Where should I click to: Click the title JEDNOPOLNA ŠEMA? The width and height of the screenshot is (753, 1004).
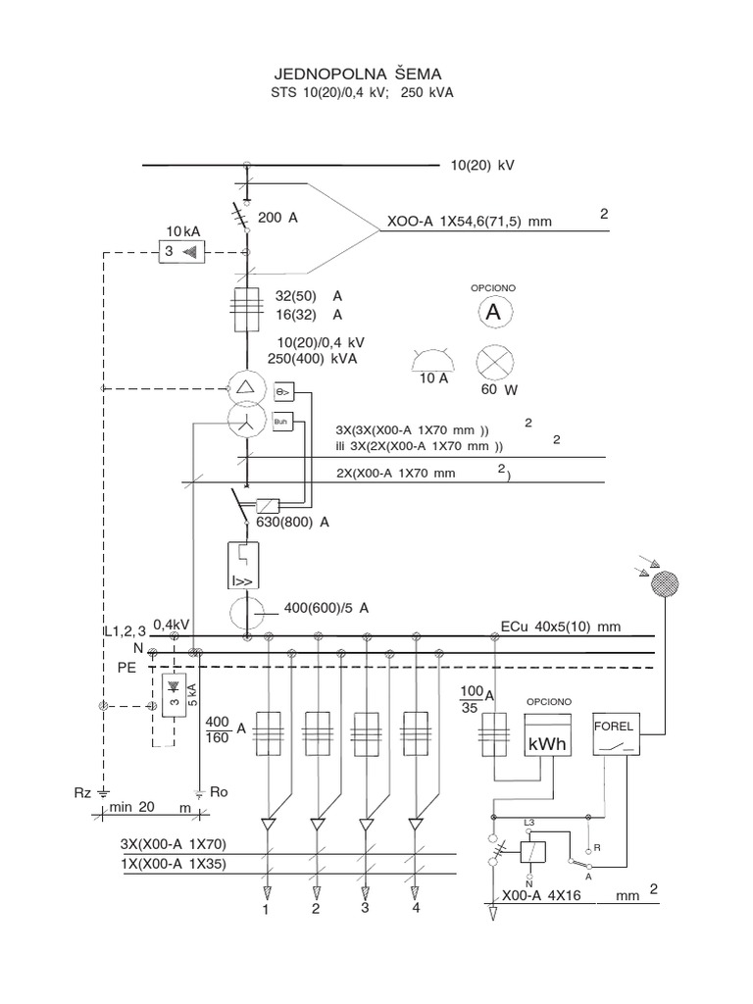click(x=358, y=75)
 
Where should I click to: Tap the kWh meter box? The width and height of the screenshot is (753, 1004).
click(x=547, y=735)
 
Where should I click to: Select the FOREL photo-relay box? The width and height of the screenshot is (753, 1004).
click(x=616, y=733)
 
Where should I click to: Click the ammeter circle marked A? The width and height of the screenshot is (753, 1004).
click(x=494, y=313)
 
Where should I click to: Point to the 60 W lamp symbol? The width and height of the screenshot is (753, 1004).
click(x=495, y=363)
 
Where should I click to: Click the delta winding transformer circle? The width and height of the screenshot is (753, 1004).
click(x=246, y=387)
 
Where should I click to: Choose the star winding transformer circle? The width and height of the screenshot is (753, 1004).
click(x=246, y=420)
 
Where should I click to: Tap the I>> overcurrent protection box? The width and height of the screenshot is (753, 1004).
click(x=244, y=566)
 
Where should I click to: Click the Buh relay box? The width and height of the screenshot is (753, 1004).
click(x=282, y=422)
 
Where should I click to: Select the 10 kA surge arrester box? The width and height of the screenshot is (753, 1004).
click(x=181, y=252)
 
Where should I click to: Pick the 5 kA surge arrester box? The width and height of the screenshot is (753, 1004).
click(x=175, y=695)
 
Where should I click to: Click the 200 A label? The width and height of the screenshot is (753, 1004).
click(x=277, y=218)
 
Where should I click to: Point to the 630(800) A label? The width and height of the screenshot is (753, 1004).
click(x=292, y=522)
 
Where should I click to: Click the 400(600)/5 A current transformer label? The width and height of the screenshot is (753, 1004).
click(x=326, y=608)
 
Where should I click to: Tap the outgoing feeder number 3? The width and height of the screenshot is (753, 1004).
click(x=365, y=907)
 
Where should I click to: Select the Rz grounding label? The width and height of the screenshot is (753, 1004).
click(x=82, y=793)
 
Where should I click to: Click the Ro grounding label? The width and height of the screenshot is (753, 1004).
click(x=219, y=792)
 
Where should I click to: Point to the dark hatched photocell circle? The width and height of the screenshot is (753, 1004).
click(x=665, y=583)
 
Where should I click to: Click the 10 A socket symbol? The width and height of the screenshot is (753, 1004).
click(x=433, y=367)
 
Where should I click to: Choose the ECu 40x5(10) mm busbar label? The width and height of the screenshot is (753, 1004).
click(x=561, y=627)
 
